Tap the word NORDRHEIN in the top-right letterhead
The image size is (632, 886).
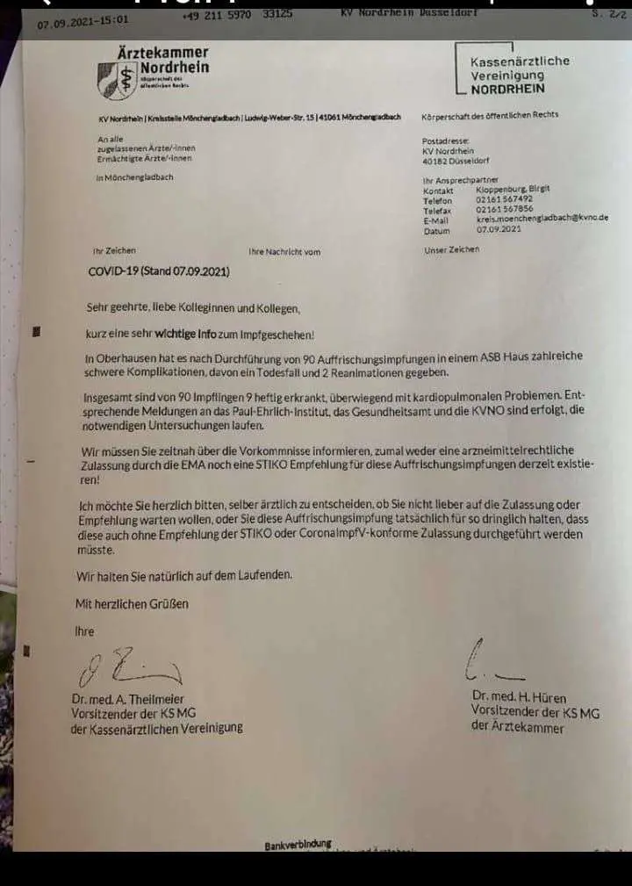(507, 89)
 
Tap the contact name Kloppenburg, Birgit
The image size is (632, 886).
(513, 189)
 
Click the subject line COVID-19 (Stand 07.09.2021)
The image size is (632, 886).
(159, 271)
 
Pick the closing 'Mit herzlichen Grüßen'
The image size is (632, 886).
(132, 603)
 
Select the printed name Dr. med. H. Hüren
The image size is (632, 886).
(521, 696)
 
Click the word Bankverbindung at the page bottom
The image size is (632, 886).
(298, 845)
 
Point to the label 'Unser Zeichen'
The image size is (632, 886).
(451, 249)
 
